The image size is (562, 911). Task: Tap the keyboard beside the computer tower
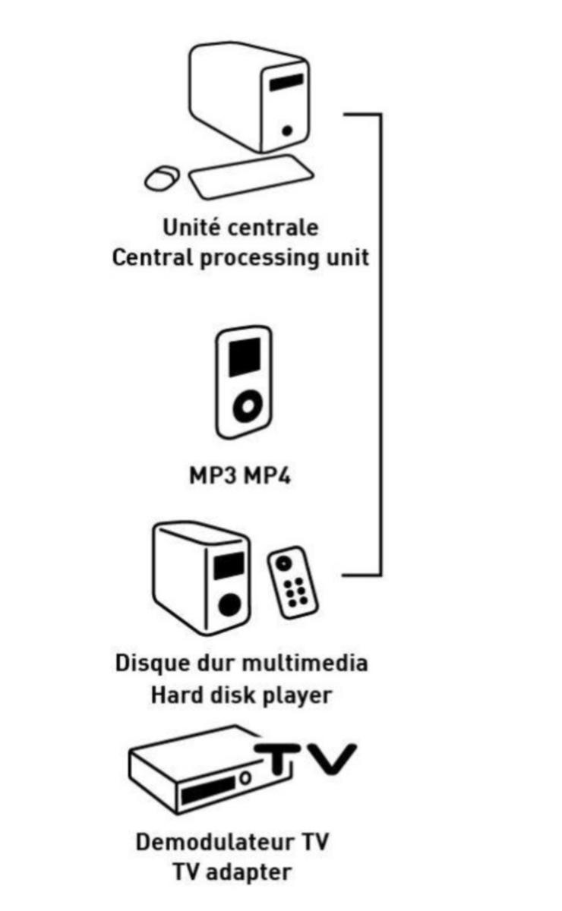[251, 178]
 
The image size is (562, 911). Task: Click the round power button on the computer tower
[287, 131]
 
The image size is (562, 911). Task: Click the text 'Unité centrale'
[240, 227]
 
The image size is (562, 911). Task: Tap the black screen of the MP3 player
[245, 355]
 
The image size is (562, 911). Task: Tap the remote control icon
[292, 582]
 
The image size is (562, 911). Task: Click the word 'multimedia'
[304, 663]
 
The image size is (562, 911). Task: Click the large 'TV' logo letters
[304, 759]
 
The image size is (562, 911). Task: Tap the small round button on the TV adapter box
[245, 777]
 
